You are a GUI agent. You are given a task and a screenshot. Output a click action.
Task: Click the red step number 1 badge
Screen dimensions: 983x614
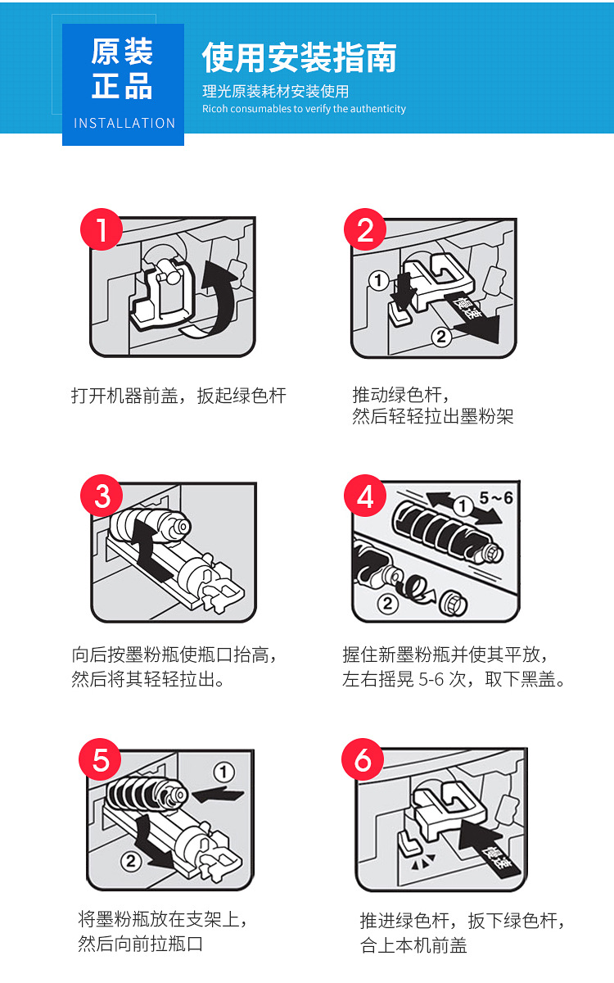pyautogui.click(x=101, y=230)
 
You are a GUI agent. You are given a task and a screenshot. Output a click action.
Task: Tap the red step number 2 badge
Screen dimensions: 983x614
pyautogui.click(x=365, y=230)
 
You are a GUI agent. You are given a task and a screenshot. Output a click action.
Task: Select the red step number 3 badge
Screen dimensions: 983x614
pyautogui.click(x=102, y=496)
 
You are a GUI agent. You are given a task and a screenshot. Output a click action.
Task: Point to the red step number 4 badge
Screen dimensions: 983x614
pyautogui.click(x=365, y=496)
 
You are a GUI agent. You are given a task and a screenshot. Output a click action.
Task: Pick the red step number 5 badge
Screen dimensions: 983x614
pyautogui.click(x=100, y=760)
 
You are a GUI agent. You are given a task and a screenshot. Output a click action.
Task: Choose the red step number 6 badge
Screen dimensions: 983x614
pyautogui.click(x=363, y=760)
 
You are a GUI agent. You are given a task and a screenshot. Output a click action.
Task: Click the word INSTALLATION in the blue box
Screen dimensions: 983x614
pyautogui.click(x=124, y=123)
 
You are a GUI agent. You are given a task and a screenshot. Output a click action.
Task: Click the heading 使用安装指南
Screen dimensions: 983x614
pyautogui.click(x=300, y=57)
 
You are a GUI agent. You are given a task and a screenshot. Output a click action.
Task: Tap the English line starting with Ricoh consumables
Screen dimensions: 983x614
pyautogui.click(x=304, y=109)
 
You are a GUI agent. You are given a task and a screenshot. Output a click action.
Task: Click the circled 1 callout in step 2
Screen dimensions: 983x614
pyautogui.click(x=377, y=281)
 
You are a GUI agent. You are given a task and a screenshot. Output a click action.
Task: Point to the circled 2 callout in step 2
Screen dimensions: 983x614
pyautogui.click(x=440, y=336)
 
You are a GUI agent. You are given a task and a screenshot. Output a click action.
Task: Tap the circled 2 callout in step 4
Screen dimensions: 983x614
pyautogui.click(x=387, y=604)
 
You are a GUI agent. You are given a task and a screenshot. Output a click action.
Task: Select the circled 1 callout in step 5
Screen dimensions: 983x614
pyautogui.click(x=223, y=772)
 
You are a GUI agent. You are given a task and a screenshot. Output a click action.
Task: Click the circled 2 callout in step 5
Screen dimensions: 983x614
pyautogui.click(x=131, y=860)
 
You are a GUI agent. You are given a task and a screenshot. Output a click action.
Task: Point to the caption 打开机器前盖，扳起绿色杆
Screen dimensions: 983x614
pyautogui.click(x=178, y=396)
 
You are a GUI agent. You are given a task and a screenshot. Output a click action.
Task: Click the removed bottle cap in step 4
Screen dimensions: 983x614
pyautogui.click(x=451, y=605)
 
